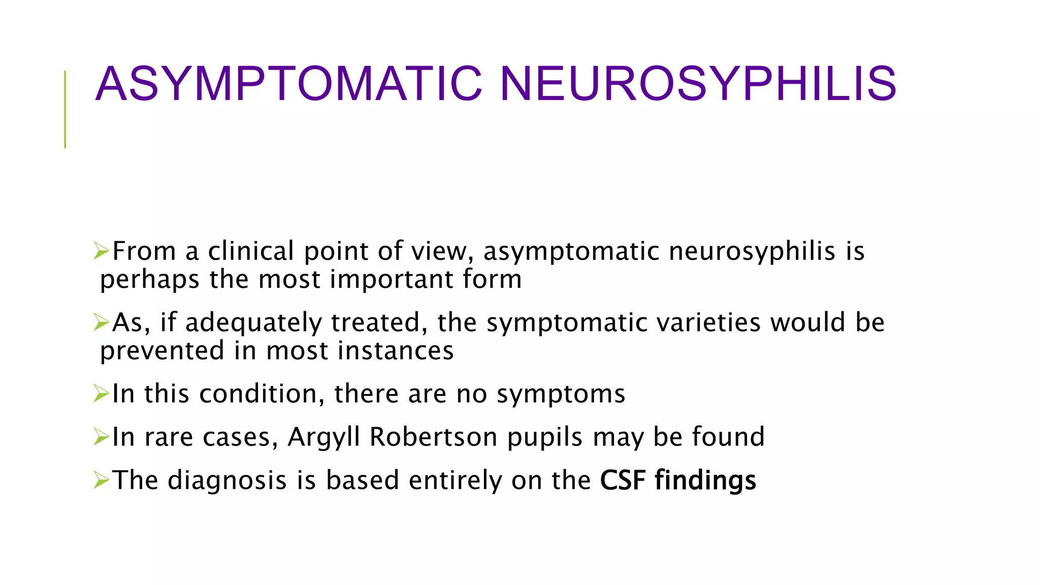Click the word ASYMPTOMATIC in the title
click(x=288, y=84)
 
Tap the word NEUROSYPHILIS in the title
click(x=698, y=84)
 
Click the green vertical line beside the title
click(x=65, y=109)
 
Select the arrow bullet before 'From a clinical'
click(x=102, y=251)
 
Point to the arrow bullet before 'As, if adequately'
click(x=102, y=322)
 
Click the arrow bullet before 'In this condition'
click(x=102, y=394)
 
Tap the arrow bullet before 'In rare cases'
click(x=102, y=437)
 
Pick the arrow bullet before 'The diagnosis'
click(x=102, y=480)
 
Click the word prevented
click(x=162, y=351)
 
